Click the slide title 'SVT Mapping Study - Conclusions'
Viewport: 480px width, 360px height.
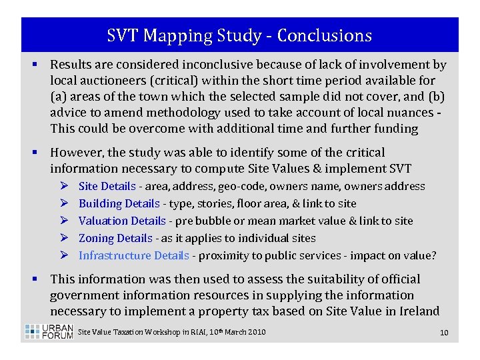(239, 35)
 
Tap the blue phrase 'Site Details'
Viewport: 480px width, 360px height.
(107, 187)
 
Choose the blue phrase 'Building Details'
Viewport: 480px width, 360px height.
(119, 204)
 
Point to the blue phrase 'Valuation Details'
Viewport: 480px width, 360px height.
(121, 221)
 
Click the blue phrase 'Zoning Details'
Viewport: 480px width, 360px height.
(115, 238)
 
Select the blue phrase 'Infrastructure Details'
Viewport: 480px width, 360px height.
(133, 255)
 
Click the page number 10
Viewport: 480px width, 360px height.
(444, 332)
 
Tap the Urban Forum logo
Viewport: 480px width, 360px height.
(49, 331)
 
